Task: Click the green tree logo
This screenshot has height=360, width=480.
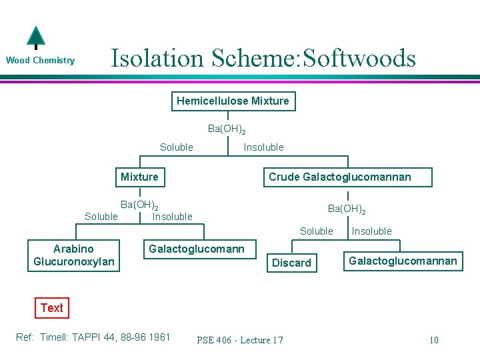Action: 35,38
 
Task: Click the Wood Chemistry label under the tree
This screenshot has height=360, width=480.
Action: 40,61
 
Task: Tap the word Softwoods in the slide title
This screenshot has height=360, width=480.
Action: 359,58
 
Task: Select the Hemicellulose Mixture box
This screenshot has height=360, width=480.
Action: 233,101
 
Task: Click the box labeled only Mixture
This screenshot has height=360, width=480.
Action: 139,177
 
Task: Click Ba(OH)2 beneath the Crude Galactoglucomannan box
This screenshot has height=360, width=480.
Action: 346,209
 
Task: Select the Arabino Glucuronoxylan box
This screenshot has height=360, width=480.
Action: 74,255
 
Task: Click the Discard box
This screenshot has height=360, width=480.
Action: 291,263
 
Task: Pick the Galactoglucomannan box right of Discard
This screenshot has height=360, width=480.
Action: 403,261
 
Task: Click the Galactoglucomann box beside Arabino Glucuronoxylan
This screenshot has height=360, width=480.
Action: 197,249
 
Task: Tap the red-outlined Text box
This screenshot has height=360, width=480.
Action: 51,308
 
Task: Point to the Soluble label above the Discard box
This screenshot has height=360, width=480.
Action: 316,231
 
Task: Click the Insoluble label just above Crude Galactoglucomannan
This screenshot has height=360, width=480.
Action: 263,147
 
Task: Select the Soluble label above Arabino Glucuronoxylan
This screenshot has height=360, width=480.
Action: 101,217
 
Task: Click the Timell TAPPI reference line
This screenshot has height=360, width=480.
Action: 93,337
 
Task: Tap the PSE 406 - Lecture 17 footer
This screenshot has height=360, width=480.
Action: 240,340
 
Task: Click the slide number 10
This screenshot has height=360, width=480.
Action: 433,340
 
